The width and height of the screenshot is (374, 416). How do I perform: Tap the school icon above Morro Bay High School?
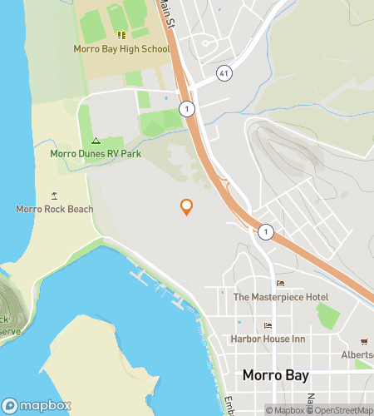coord(121,35)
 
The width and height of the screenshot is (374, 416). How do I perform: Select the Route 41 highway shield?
coord(224,74)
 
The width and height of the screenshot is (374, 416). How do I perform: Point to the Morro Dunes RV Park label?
coord(96,153)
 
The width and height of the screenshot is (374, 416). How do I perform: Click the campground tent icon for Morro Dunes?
coord(96,141)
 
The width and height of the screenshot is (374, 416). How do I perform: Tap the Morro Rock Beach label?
coord(55,209)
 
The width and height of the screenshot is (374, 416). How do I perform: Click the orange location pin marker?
coord(186,206)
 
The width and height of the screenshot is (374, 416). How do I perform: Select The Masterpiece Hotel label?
coord(280,297)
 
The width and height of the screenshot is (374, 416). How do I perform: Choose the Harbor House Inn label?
coord(268,339)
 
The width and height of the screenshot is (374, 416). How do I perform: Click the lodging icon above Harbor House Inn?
coord(268,326)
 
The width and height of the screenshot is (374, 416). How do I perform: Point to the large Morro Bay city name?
coord(275,375)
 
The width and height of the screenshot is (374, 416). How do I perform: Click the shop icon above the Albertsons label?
coord(364,342)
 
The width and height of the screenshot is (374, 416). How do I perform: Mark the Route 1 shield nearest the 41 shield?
coord(189,109)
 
